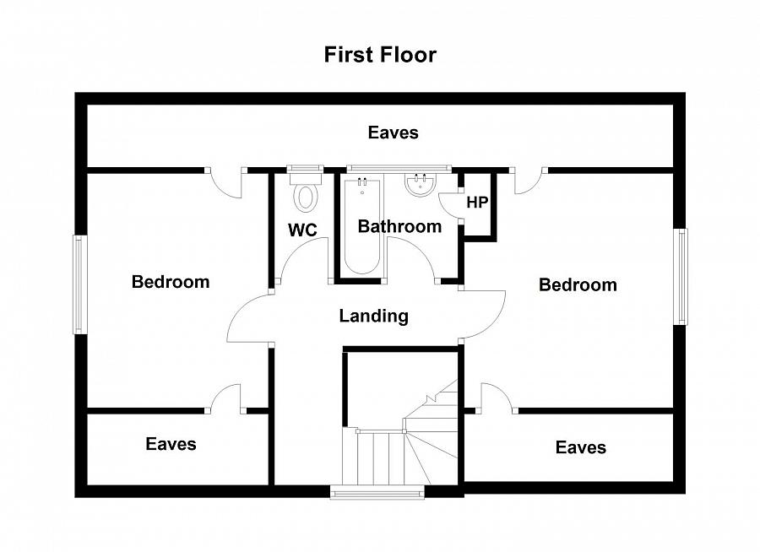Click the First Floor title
[380, 54]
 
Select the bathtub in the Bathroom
[362, 226]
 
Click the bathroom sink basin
[421, 185]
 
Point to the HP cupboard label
[477, 202]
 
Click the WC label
[302, 230]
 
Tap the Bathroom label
[399, 226]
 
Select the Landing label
[373, 316]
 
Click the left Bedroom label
[171, 282]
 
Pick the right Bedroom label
[578, 284]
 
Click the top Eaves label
[393, 133]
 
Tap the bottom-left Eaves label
[171, 444]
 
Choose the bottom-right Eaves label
[581, 447]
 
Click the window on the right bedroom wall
[681, 276]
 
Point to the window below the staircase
[377, 492]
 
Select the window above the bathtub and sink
[399, 169]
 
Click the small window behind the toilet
[305, 169]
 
